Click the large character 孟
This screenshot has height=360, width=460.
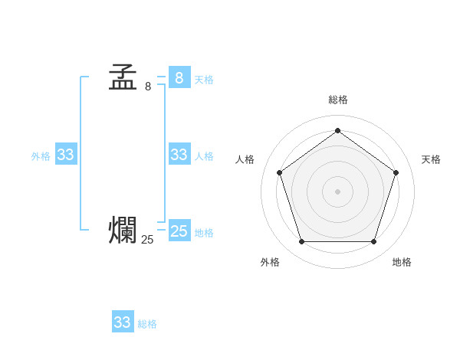click(x=123, y=77)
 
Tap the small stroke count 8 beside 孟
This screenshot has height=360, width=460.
click(x=148, y=87)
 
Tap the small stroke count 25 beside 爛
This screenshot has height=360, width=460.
click(x=147, y=240)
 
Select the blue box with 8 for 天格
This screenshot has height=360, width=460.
click(x=179, y=78)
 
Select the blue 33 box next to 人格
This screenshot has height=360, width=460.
click(x=179, y=155)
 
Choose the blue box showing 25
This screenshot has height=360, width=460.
click(x=179, y=231)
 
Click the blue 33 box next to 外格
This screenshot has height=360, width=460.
click(x=65, y=155)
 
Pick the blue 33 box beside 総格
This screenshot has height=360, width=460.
click(x=123, y=322)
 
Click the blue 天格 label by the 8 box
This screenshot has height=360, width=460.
click(x=204, y=80)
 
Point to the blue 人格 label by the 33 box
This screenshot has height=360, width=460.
click(x=204, y=156)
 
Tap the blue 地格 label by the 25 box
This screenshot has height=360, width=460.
click(x=204, y=233)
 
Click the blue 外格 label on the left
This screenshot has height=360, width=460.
click(x=41, y=156)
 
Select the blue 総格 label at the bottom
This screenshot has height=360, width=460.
click(x=147, y=324)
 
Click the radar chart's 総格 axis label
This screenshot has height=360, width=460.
click(x=338, y=100)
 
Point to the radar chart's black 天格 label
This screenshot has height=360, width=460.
click(x=431, y=159)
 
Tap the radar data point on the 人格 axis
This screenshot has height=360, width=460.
click(x=279, y=172)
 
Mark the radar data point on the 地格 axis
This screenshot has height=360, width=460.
click(x=373, y=241)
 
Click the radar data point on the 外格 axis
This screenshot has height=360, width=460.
click(x=301, y=241)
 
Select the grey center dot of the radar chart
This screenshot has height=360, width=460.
click(x=337, y=191)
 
